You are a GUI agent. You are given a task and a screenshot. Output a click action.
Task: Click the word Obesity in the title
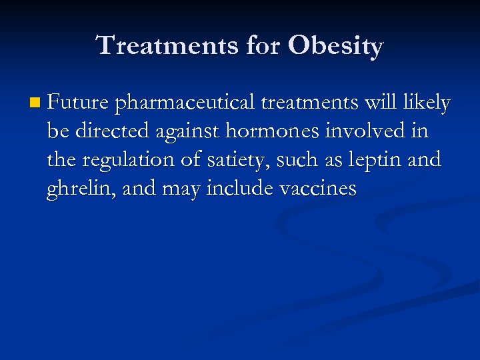tap(336, 46)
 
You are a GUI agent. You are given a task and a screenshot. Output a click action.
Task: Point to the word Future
tap(79, 103)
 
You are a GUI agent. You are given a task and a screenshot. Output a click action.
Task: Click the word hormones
tap(273, 132)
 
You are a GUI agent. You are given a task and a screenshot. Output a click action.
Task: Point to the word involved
tap(365, 132)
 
